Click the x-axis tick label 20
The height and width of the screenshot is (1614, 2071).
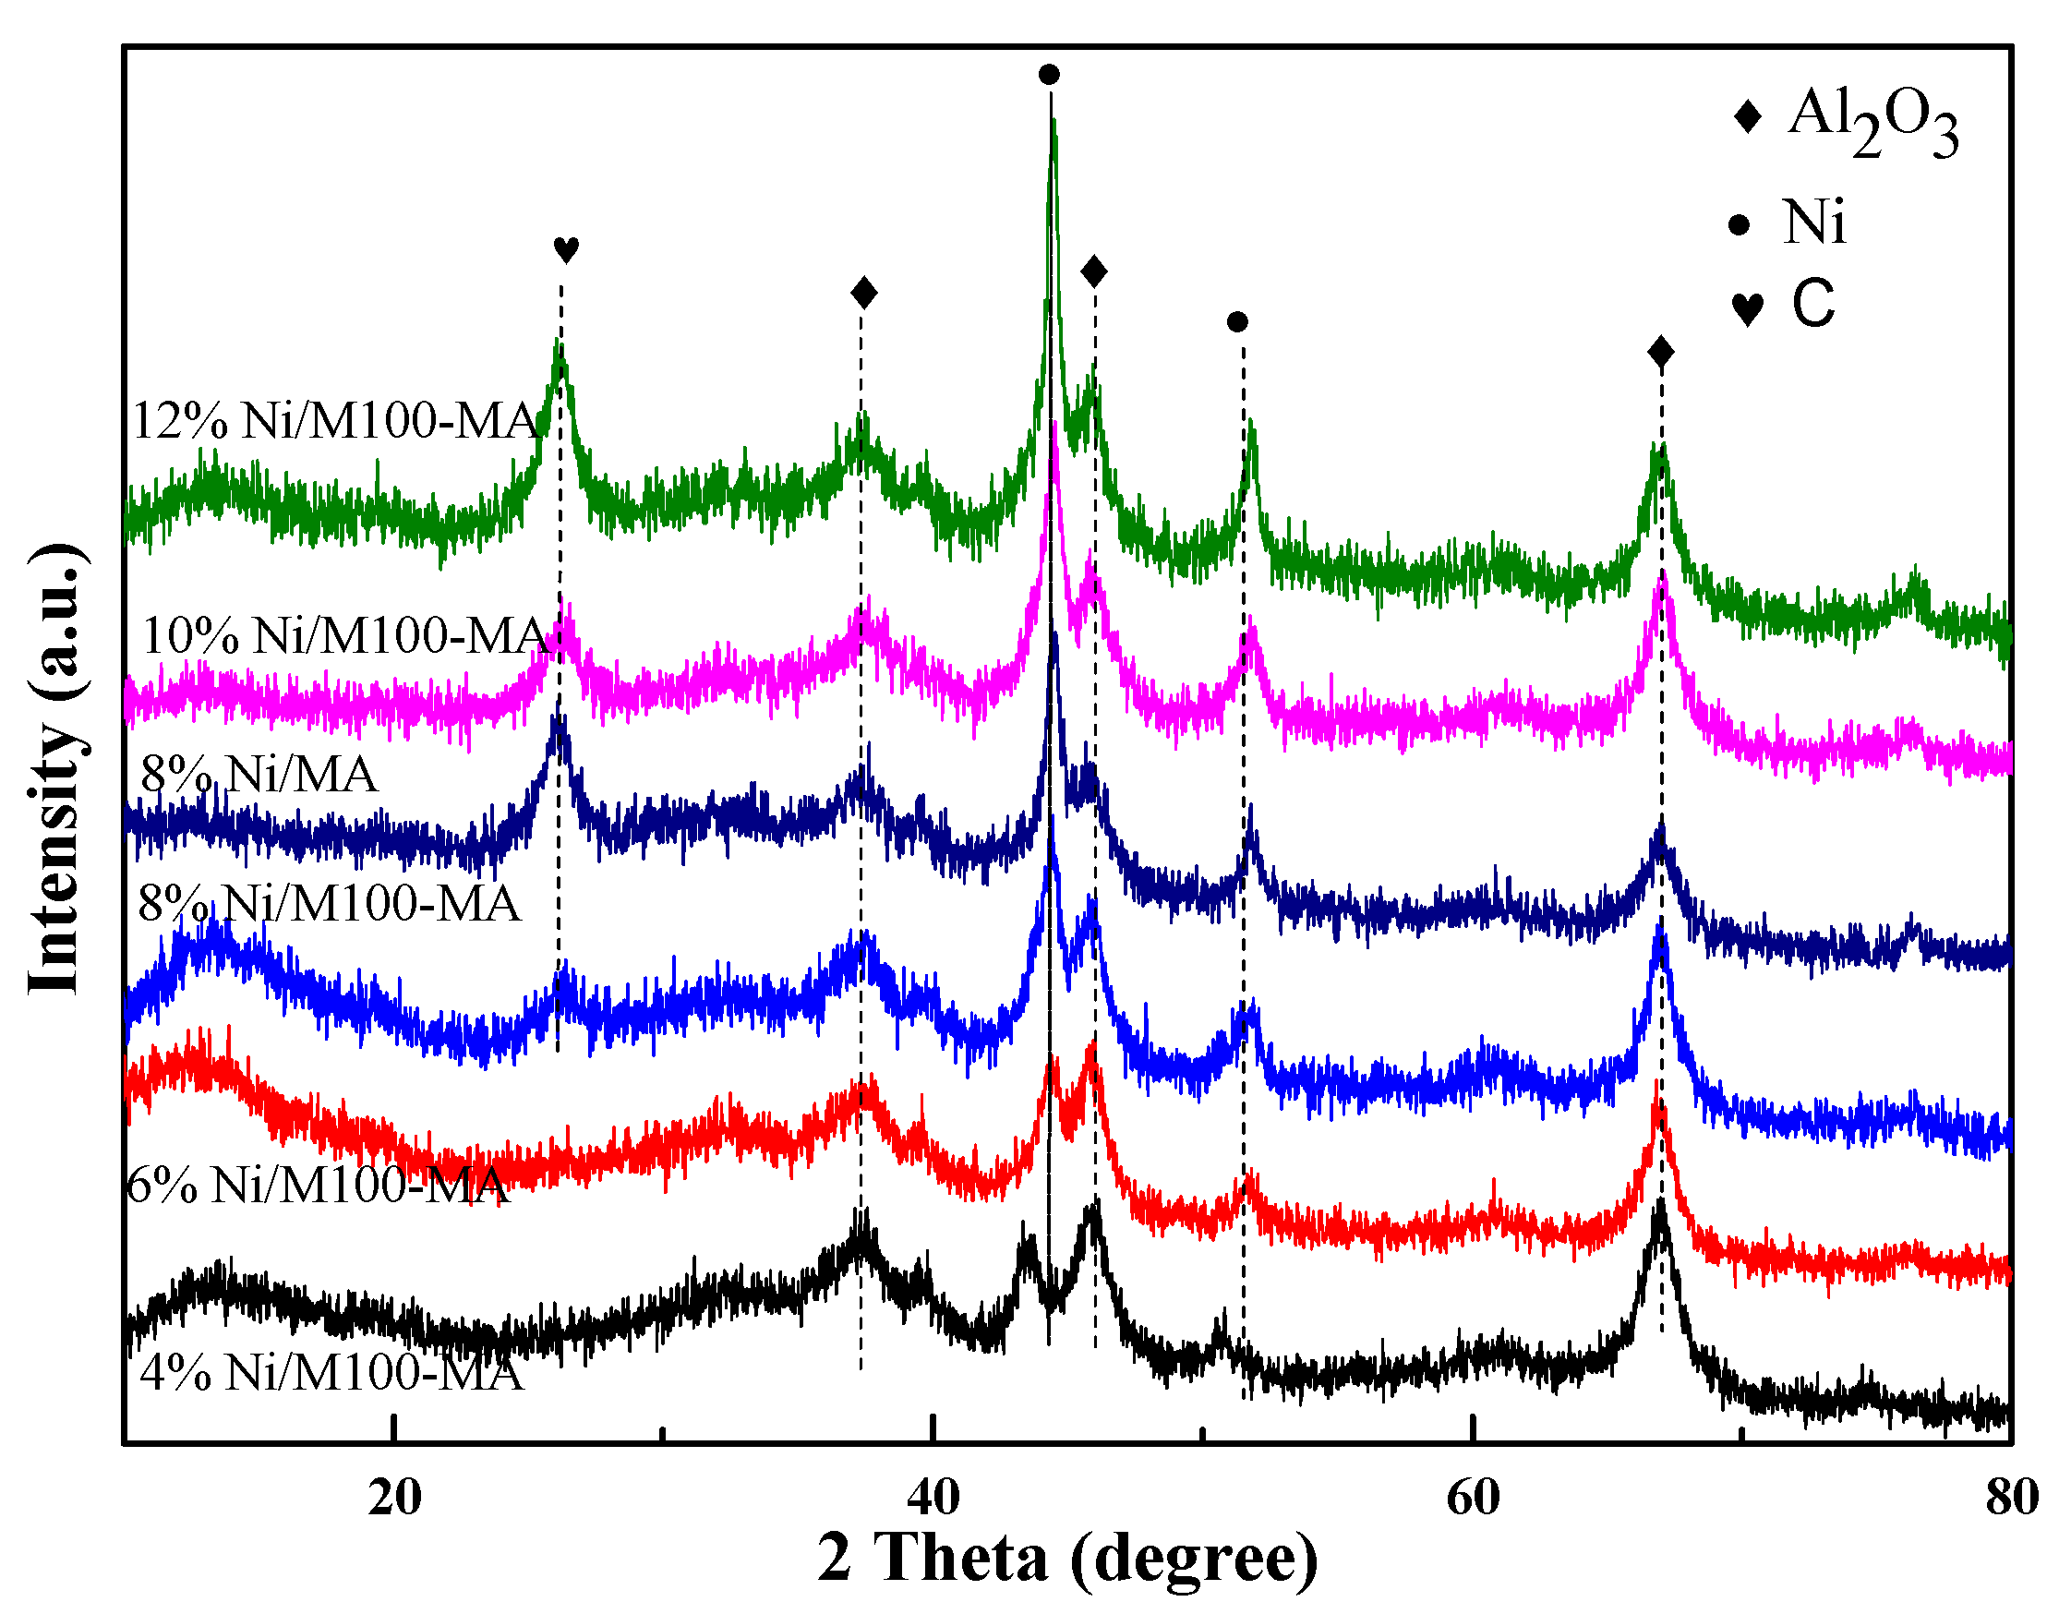click(x=394, y=1499)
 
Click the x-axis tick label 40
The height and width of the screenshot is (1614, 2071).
click(x=933, y=1499)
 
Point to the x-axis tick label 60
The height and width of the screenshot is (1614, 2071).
click(x=1473, y=1499)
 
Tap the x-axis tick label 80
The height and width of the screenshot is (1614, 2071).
click(x=2011, y=1499)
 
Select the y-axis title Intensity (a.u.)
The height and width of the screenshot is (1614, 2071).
click(x=55, y=768)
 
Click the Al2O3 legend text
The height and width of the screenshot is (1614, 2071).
click(x=1872, y=121)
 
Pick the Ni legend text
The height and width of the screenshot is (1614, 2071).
click(x=1814, y=223)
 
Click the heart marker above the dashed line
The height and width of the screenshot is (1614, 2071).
click(x=566, y=249)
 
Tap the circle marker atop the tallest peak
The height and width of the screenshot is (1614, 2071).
click(x=1049, y=74)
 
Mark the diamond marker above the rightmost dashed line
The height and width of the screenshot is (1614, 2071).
click(x=1660, y=353)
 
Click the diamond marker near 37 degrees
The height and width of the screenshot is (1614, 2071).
click(x=864, y=292)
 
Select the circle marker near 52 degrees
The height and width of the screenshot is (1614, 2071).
click(x=1237, y=322)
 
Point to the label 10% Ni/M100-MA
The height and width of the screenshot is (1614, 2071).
click(x=343, y=634)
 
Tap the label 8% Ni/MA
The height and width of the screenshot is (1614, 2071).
click(x=258, y=774)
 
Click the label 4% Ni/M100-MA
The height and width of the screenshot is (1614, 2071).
click(x=331, y=1371)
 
